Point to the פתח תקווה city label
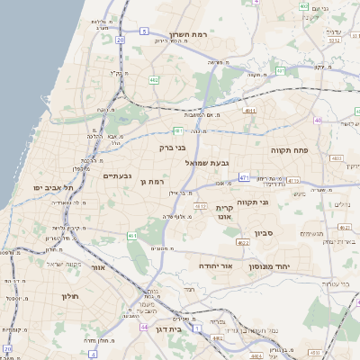click(x=290, y=150)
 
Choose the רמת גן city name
click(x=156, y=182)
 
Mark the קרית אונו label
click(x=224, y=212)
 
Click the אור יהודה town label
click(x=214, y=267)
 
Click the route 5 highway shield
click(x=142, y=31)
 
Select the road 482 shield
click(x=154, y=79)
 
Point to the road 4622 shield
click(x=243, y=242)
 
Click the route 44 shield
click(x=144, y=327)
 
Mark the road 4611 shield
click(x=249, y=111)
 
